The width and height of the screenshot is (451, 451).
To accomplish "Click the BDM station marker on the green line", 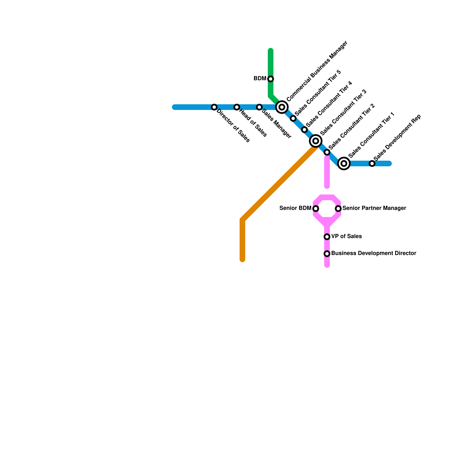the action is pos(271,79).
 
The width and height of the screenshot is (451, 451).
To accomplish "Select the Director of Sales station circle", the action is pos(214,107).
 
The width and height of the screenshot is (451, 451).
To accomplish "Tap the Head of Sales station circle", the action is pos(237,107).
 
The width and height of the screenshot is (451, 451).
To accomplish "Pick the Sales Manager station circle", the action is pos(259,107).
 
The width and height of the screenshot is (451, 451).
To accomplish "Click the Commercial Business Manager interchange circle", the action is pos(282,107).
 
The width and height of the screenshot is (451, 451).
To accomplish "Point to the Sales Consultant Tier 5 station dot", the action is pos(293,118).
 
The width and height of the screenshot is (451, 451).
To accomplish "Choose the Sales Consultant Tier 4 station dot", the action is pos(304,130).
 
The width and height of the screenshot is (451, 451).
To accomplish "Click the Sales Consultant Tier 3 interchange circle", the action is pos(316,141).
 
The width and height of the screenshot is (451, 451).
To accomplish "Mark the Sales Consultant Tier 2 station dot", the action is pos(327,152).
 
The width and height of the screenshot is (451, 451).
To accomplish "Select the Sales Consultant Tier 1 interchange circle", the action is pos(344,163).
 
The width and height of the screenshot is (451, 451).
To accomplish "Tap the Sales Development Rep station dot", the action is pos(372,163).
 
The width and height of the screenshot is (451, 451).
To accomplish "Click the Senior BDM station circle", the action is pos(316,209).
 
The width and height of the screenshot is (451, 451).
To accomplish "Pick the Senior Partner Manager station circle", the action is pos(338,209).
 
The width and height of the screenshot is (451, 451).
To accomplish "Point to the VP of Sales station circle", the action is pos(327,237).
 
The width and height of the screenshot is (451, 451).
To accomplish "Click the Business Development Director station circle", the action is pos(327,254).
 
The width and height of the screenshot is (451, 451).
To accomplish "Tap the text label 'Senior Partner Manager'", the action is pos(374,208).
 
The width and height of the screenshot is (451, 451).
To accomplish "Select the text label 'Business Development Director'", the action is pos(373,253).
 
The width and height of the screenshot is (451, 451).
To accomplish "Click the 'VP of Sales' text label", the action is pos(346,236).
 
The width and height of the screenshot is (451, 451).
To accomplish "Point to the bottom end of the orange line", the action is pos(242,259).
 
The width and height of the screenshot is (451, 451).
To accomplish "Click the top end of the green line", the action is pos(271,51).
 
